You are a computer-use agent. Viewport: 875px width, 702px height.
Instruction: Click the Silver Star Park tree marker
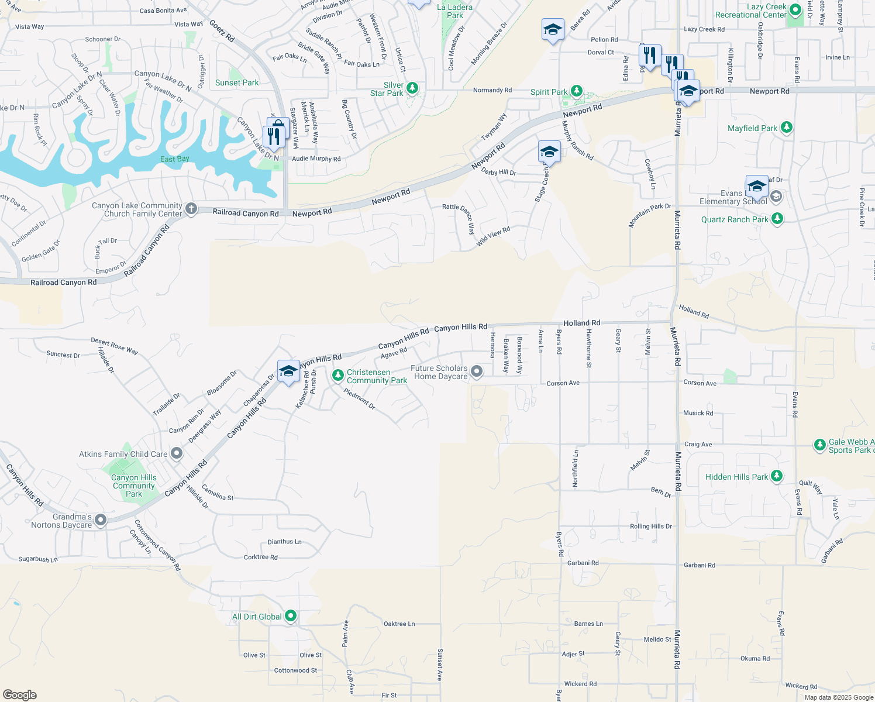[x=412, y=88]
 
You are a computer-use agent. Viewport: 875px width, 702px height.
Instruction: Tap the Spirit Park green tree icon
[x=577, y=91]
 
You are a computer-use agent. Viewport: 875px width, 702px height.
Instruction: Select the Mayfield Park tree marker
[x=787, y=128]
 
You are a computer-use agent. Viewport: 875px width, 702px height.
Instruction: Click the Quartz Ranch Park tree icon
[x=777, y=219]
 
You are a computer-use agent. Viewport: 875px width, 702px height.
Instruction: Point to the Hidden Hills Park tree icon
[x=776, y=476]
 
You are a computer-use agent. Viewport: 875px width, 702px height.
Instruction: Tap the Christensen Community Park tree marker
[x=337, y=376]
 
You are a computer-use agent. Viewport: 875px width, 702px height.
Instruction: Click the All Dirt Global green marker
[x=291, y=616]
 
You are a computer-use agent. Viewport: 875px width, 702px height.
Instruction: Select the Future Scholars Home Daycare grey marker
[x=477, y=371]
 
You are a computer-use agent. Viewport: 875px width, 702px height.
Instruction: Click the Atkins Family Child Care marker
[x=177, y=453]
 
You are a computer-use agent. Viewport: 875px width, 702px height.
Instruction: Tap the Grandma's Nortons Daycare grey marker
[x=101, y=519]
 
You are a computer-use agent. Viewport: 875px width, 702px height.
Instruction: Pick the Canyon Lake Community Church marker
[x=191, y=209]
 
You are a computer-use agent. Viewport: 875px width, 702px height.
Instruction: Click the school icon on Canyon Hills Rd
[x=288, y=371]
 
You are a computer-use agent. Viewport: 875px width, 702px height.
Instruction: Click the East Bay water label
[x=175, y=159]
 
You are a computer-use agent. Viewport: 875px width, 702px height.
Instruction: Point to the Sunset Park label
[x=236, y=82]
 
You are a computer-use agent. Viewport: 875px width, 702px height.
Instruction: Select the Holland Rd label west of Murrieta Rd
[x=581, y=323]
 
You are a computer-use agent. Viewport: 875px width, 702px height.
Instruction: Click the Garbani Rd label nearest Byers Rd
[x=583, y=563]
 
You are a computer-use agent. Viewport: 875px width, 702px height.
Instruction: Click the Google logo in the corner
[x=19, y=694]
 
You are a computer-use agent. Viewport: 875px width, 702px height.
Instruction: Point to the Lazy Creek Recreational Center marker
[x=795, y=11]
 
